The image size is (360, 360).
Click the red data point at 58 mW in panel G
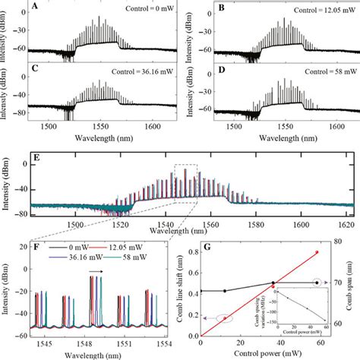pyautogui.click(x=317, y=252)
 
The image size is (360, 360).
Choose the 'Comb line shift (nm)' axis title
pyautogui.click(x=179, y=289)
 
